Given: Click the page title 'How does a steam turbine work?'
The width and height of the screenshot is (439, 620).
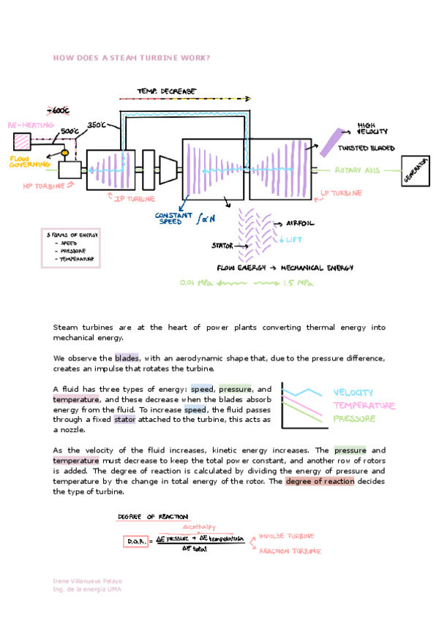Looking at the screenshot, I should [x=132, y=58].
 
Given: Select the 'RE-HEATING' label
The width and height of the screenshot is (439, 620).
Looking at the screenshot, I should [x=31, y=125].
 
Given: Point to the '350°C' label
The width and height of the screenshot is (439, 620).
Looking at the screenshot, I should [x=98, y=125].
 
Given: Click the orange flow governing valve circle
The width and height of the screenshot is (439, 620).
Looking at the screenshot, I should [x=64, y=154].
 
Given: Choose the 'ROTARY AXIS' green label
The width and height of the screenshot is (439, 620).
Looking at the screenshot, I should [x=357, y=170].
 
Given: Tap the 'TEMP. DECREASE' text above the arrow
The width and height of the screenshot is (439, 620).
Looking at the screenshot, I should [x=166, y=91].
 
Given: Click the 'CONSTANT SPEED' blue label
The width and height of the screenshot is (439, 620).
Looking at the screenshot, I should [x=175, y=218].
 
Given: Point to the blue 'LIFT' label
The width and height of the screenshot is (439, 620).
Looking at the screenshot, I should [x=293, y=239].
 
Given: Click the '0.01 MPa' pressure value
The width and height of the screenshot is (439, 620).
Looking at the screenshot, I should [x=195, y=282].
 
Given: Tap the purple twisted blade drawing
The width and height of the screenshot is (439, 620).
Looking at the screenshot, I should [x=331, y=141].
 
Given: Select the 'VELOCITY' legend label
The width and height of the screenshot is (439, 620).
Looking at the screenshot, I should [x=353, y=393].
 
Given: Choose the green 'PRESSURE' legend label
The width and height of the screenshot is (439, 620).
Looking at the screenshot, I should [x=355, y=419].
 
